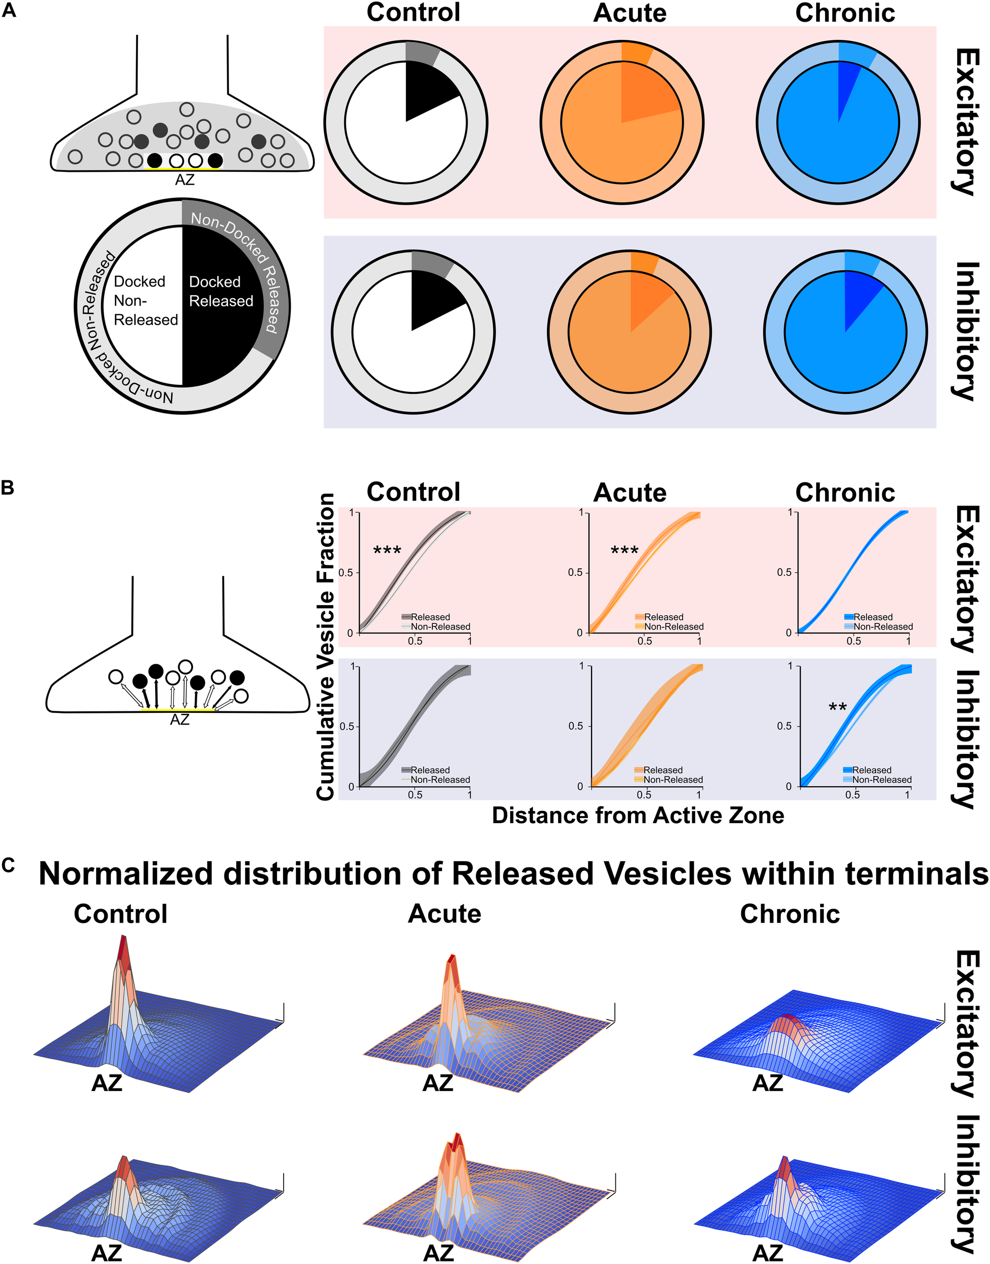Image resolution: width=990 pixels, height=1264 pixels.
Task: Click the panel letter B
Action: [x=8, y=488]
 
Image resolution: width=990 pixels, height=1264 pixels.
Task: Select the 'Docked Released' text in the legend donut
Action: [x=221, y=292]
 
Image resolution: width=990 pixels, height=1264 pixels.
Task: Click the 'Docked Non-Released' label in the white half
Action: [x=146, y=300]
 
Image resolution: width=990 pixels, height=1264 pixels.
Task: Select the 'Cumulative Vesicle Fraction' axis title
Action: [x=326, y=647]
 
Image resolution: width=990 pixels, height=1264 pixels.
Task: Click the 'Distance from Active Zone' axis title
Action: [x=638, y=815]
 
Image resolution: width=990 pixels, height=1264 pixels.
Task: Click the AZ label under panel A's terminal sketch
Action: [x=185, y=179]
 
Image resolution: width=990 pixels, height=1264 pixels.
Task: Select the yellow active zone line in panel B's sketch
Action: [x=178, y=709]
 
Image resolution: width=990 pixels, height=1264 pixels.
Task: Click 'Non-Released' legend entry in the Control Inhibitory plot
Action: [x=440, y=780]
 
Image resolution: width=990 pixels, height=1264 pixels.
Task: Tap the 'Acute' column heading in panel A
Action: [x=629, y=13]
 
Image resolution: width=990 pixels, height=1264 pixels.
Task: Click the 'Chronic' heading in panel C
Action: [x=789, y=914]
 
